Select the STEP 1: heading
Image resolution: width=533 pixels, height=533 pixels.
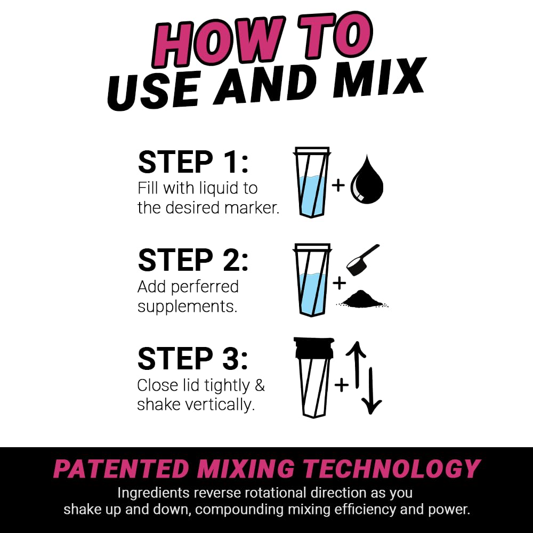coord(193,163)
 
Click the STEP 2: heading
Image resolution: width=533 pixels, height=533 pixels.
coord(193,260)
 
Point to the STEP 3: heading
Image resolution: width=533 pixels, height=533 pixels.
coord(193,358)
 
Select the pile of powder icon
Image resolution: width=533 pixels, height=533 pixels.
coord(362,300)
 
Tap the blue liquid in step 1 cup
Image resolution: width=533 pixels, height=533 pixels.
coord(312,195)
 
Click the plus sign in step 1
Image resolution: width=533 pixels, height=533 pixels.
coord(338,185)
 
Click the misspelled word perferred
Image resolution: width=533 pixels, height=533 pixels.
coord(205,287)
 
